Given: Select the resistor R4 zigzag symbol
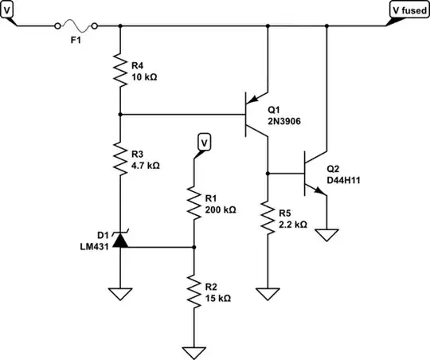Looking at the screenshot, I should [x=119, y=69].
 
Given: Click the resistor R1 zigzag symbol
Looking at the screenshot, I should [x=193, y=203].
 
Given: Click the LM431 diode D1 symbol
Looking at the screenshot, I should [x=119, y=238].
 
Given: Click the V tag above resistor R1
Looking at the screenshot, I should [x=204, y=143].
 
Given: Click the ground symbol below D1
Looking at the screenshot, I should [x=119, y=292].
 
